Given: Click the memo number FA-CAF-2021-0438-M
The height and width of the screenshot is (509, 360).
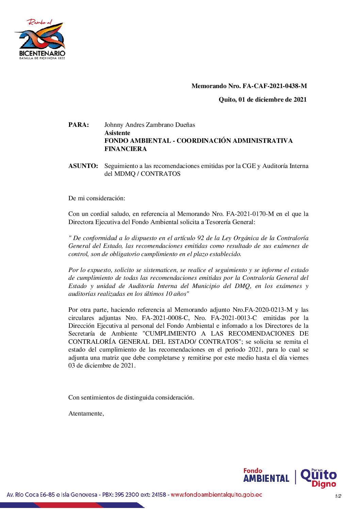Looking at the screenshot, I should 275,86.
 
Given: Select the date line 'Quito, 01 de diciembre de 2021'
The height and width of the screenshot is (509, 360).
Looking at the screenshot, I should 262,100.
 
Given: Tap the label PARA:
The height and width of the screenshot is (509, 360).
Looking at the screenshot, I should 79,125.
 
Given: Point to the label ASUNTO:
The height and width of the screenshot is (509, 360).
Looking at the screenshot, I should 83,166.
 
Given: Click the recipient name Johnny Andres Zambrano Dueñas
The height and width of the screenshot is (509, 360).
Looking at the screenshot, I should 150,125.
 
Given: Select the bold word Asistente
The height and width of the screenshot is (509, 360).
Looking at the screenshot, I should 117,133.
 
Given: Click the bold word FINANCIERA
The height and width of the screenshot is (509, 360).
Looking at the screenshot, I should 126,149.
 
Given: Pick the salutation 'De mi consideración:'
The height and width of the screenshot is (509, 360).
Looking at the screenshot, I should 97,198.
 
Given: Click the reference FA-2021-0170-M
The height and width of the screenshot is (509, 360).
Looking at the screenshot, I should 250,214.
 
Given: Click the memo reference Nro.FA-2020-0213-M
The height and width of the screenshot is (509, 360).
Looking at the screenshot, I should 262,310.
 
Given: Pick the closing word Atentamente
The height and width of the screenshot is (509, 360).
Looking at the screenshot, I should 86,413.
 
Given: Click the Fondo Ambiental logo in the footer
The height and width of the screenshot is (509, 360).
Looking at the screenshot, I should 266,476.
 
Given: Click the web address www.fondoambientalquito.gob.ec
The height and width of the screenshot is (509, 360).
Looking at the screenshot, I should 216,495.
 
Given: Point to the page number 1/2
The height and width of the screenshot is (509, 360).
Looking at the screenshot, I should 338,496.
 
